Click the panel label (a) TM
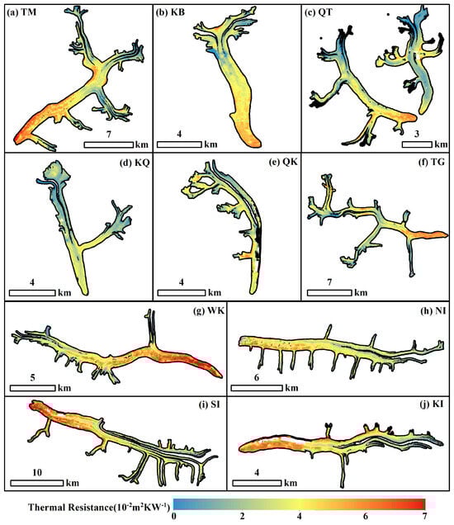pos(21,12)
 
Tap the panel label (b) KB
pos(170,12)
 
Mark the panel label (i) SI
pos(210,404)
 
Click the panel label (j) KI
pos(433,404)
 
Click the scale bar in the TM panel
pos(108,144)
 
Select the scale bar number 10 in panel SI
pos(37,472)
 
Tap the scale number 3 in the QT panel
pos(417,134)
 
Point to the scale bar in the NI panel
pos(257,388)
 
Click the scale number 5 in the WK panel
pos(32,378)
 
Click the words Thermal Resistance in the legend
pos(71,507)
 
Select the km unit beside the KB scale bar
pos(210,144)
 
